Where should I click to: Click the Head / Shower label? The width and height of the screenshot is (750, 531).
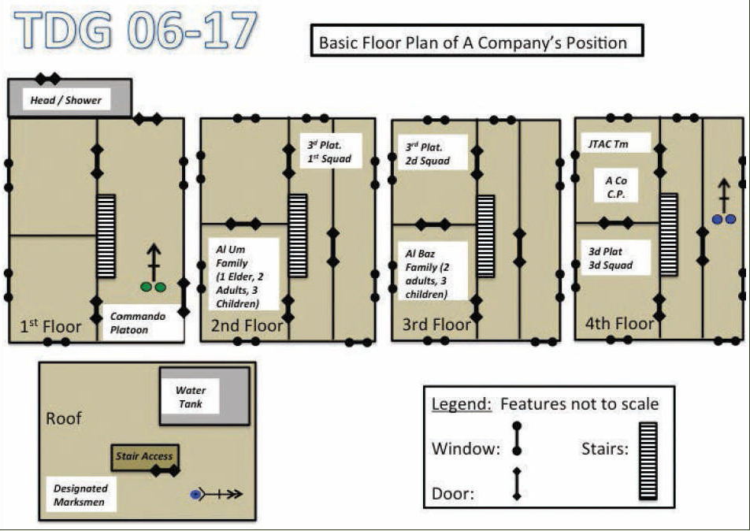(66, 100)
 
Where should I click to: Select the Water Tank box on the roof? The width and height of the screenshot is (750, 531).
(191, 396)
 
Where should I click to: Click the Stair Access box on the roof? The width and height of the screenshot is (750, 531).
(143, 456)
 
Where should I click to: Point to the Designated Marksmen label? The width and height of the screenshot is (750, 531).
(80, 495)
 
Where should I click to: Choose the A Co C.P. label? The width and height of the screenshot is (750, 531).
(615, 188)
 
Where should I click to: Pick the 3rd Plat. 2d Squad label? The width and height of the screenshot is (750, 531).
(428, 154)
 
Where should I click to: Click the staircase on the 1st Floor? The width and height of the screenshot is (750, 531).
(106, 236)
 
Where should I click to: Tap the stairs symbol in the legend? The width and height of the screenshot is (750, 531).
(648, 461)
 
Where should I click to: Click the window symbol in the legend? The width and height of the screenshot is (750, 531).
(517, 439)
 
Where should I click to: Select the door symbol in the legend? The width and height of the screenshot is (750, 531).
(517, 484)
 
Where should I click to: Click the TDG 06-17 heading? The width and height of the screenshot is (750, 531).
(136, 33)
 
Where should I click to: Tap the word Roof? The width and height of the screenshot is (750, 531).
(64, 418)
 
